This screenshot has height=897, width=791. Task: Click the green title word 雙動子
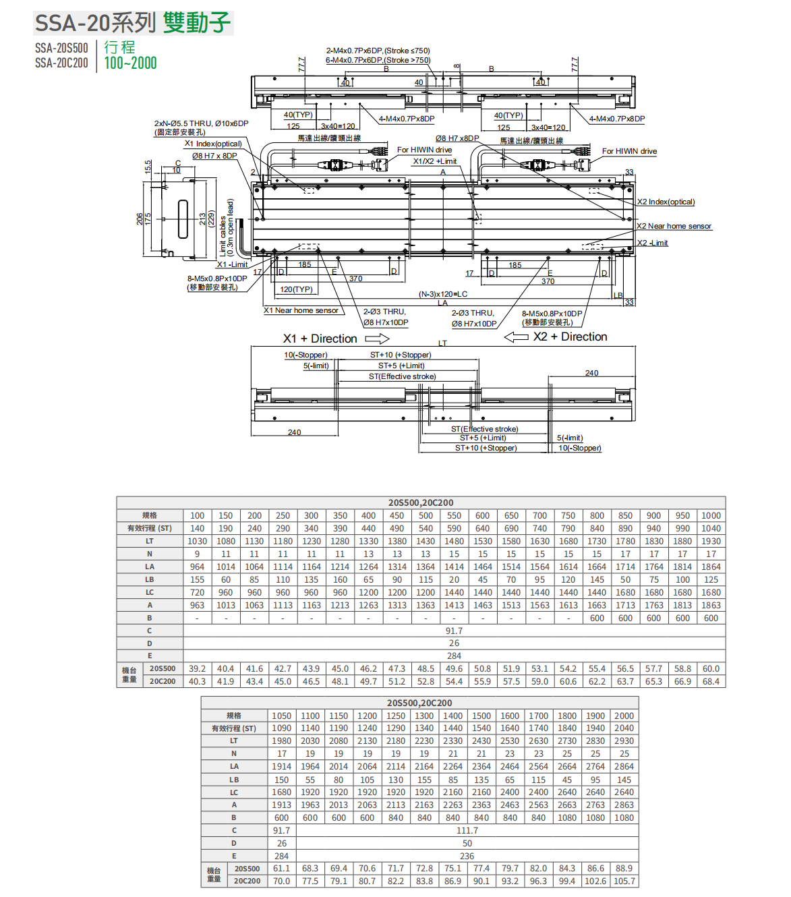click(x=196, y=23)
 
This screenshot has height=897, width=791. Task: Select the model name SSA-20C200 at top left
click(x=61, y=63)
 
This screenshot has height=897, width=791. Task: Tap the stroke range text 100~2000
click(x=130, y=63)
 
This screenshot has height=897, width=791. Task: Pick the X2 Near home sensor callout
click(x=674, y=226)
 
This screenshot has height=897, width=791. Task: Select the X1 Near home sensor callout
click(x=301, y=310)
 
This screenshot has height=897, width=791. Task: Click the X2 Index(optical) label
click(x=666, y=202)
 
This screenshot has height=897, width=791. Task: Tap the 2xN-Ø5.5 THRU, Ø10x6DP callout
click(x=201, y=123)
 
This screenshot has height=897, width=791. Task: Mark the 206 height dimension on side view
click(x=140, y=219)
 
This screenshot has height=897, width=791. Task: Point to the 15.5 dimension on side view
click(x=148, y=167)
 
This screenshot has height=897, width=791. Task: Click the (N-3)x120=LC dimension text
click(x=442, y=294)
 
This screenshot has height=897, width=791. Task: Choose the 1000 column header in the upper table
click(x=711, y=515)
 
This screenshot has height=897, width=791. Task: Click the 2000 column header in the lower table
click(x=624, y=716)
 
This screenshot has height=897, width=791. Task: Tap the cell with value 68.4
click(x=711, y=681)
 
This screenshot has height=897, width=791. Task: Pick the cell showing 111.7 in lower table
click(x=467, y=830)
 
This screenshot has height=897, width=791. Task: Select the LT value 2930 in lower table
click(x=624, y=741)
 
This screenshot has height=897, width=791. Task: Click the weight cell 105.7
click(x=624, y=881)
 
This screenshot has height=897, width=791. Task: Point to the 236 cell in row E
click(x=467, y=856)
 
